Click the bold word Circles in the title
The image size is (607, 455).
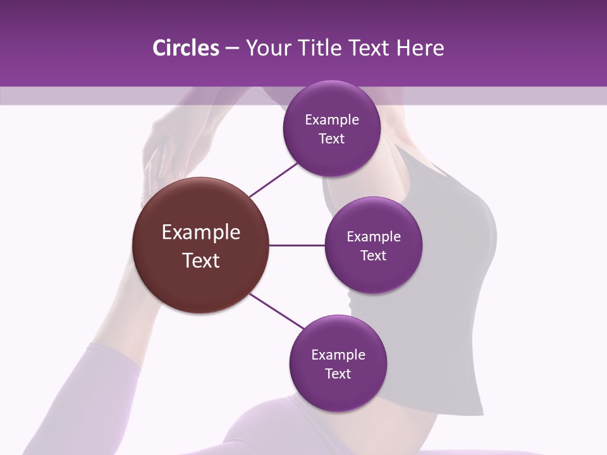coord(185,48)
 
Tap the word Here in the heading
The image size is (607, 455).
coord(420,48)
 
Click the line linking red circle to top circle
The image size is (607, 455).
coord(274,179)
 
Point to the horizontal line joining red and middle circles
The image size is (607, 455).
coord(297,245)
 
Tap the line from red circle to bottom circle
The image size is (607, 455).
coord(277,311)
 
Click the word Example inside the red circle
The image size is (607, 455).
coord(201,233)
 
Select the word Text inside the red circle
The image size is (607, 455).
coord(201,260)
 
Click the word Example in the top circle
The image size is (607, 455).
coord(332,120)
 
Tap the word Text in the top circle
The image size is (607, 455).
coord(332,139)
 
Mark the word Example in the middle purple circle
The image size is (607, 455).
coord(374,237)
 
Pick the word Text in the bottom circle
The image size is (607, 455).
coord(338,374)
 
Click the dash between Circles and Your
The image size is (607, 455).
coord(232,49)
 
